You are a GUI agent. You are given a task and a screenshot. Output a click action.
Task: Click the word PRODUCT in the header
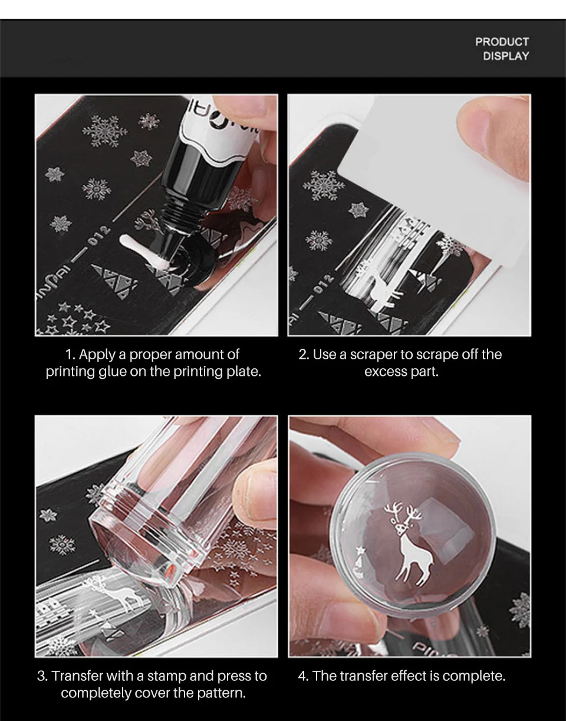[502, 42]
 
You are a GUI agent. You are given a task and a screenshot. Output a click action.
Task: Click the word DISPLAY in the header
[506, 56]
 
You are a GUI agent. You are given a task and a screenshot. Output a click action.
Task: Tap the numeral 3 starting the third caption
[41, 676]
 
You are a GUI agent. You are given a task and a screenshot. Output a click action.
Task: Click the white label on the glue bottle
[206, 118]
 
